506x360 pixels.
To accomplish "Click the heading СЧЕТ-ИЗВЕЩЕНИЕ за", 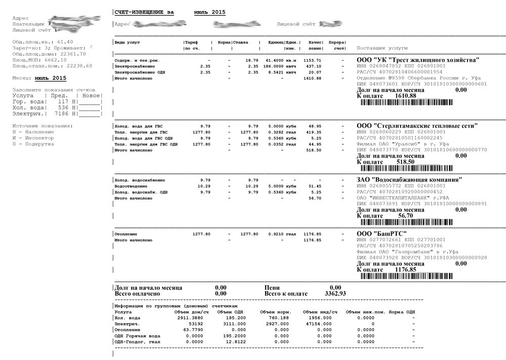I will click(x=144, y=12).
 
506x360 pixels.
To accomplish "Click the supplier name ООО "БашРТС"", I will click(x=382, y=234).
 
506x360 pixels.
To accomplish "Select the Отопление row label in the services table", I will click(x=126, y=234).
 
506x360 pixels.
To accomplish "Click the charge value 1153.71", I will click(x=312, y=60).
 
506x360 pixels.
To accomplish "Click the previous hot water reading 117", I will click(x=64, y=102).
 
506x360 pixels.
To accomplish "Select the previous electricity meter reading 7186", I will click(x=61, y=114).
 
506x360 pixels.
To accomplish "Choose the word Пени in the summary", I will click(x=272, y=287).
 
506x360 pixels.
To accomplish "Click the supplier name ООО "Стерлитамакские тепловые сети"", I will click(x=417, y=126).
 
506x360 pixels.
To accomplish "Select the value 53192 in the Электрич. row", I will click(x=188, y=324).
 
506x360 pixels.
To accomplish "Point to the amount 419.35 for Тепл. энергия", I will click(x=313, y=131).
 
